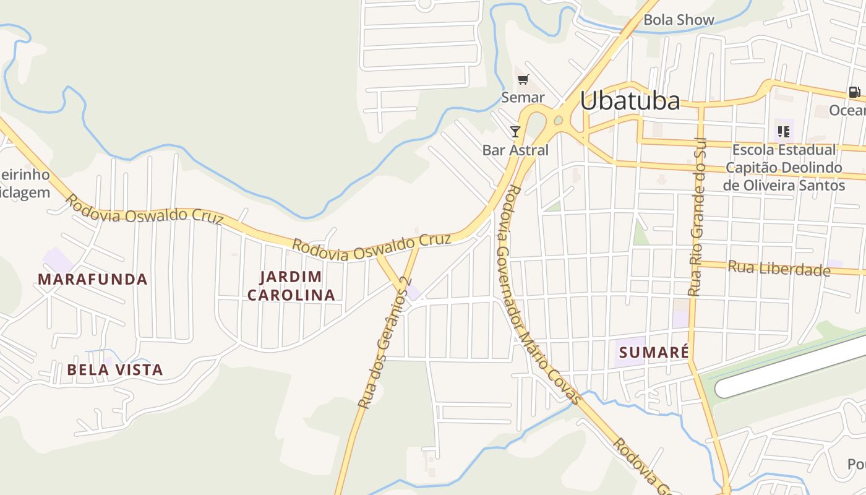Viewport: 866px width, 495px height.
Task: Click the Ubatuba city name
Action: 630,101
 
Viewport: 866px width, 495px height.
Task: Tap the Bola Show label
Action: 679,20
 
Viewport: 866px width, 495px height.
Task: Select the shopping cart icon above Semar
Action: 523,79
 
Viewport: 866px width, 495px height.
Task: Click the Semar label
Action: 523,97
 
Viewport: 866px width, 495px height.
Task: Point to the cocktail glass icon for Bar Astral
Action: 515,131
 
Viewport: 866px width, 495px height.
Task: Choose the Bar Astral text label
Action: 515,150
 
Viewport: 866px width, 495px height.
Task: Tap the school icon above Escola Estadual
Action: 784,131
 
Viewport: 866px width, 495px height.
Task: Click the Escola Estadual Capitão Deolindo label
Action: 784,167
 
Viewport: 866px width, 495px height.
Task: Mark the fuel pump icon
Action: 854,92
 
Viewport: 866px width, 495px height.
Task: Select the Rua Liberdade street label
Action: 779,269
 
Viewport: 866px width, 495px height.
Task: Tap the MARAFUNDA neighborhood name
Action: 93,280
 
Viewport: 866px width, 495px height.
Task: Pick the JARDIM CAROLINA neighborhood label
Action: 291,286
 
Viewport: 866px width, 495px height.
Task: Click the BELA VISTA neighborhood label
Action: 115,370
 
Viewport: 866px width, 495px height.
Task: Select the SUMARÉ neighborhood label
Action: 654,353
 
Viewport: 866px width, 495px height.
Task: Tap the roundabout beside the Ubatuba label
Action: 558,121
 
